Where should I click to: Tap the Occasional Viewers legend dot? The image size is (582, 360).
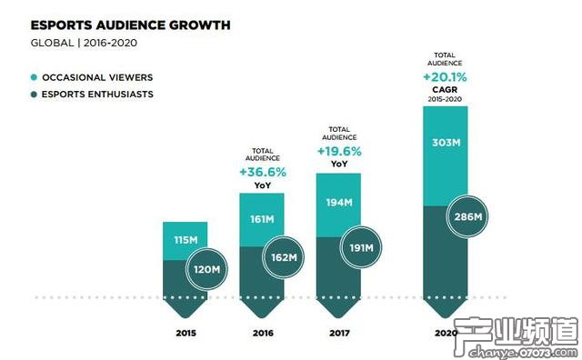(x=34, y=77)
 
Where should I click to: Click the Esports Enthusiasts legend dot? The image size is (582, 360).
(x=34, y=94)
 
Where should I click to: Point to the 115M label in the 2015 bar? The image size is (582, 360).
(x=185, y=240)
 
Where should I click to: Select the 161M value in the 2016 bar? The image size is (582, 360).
(x=261, y=219)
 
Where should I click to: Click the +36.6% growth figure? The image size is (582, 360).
(x=262, y=171)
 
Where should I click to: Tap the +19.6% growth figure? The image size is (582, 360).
(x=338, y=151)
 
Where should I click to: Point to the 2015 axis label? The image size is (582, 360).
(x=186, y=333)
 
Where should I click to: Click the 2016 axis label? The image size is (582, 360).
(x=262, y=333)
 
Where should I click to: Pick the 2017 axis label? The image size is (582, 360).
(x=338, y=333)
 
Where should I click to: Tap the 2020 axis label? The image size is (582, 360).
(x=446, y=333)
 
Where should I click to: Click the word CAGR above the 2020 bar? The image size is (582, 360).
(x=446, y=90)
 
